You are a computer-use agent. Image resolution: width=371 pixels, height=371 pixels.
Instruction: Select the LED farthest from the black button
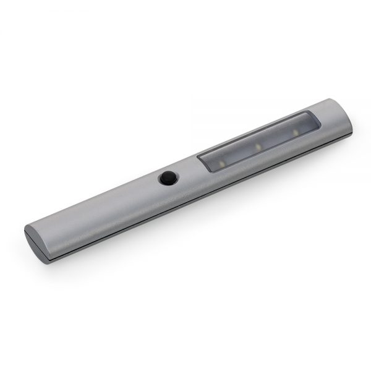(x=296, y=133)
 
